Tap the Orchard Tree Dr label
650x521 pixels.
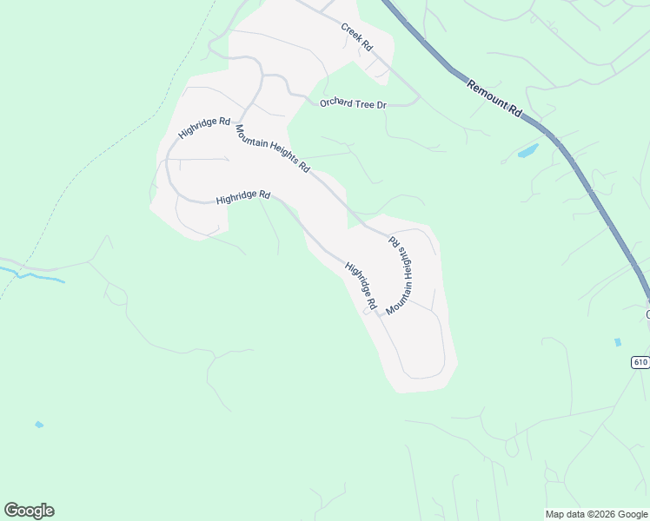352,104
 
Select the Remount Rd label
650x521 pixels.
493,99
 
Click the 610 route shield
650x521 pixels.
640,362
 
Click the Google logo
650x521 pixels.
29,511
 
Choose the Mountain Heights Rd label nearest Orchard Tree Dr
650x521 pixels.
272,148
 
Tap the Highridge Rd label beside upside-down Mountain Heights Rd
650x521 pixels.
359,287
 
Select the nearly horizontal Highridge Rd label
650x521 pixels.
243,197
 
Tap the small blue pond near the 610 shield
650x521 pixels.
618,342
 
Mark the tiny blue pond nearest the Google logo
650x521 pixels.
38,425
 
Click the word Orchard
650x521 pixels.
335,103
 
